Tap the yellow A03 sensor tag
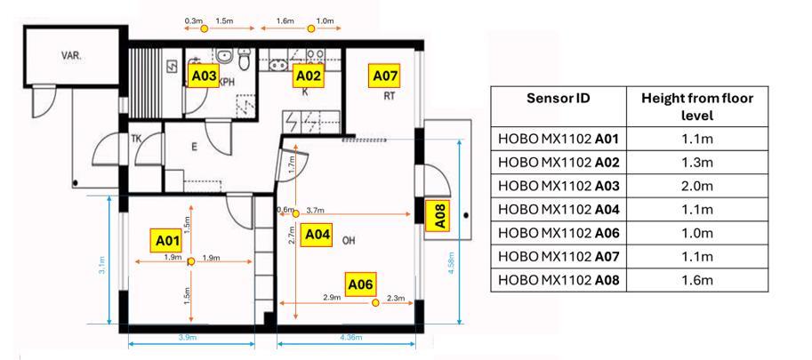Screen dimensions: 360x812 [204, 77]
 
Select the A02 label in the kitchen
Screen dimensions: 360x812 [307, 76]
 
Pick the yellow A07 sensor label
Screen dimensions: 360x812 [384, 76]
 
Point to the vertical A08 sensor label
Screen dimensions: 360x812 [439, 216]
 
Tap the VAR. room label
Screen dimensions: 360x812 [72, 55]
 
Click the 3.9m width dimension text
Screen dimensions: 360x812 [189, 337]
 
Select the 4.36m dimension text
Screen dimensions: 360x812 [350, 337]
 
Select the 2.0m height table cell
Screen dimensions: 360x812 [696, 188]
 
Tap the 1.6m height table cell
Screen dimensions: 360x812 [696, 281]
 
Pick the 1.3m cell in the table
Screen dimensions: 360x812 [696, 165]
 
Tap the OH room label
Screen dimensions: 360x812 [349, 240]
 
